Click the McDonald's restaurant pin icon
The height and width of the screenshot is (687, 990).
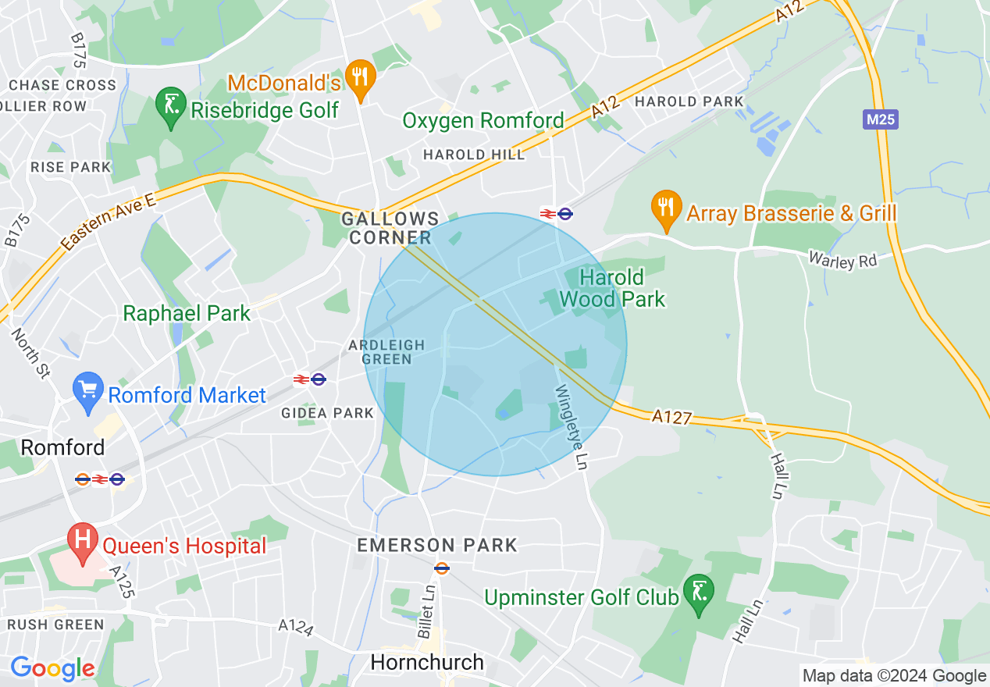click(360, 78)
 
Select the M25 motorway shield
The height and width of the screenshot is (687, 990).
click(881, 119)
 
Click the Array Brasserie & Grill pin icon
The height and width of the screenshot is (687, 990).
click(665, 208)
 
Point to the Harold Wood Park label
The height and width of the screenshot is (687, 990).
click(612, 288)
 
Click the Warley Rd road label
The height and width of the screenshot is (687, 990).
click(842, 261)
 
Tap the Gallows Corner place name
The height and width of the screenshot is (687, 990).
click(390, 229)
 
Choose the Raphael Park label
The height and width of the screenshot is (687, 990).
click(187, 314)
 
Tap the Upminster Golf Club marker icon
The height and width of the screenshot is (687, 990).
click(698, 593)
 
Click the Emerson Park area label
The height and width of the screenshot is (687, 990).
click(436, 545)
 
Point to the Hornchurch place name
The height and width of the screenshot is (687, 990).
click(427, 663)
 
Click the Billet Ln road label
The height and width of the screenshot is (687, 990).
click(427, 611)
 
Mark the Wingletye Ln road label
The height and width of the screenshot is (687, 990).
click(571, 426)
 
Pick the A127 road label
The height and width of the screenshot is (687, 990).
click(672, 418)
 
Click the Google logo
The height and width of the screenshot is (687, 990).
click(52, 668)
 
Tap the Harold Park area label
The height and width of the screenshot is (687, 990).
click(689, 101)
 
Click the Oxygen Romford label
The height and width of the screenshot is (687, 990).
click(483, 121)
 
